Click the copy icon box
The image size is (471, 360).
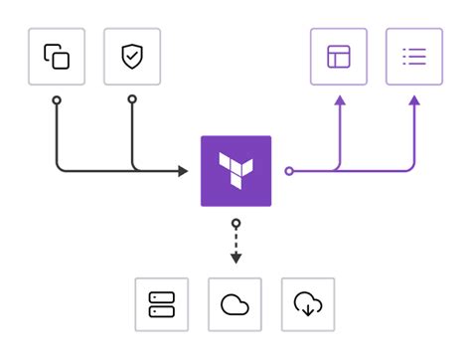coord(57,57)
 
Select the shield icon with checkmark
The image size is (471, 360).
coord(131,57)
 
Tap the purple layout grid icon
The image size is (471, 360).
coord(339,57)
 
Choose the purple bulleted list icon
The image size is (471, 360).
coord(413,57)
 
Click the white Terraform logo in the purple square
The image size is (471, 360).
coord(236,170)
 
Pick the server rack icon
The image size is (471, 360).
coord(161,304)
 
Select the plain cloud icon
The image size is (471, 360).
coord(235,304)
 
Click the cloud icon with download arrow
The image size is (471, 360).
coord(309,304)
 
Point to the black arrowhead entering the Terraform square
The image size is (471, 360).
coord(183,171)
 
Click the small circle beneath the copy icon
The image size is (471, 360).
coord(57,99)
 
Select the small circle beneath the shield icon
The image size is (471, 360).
coord(131,99)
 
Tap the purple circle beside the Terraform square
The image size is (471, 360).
coord(289,171)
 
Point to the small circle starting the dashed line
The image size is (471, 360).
coord(235,223)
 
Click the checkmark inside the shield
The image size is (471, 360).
coord(131,57)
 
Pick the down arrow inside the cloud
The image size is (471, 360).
coord(309,308)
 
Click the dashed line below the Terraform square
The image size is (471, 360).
coord(235,241)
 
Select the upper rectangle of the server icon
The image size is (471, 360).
coord(161,297)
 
